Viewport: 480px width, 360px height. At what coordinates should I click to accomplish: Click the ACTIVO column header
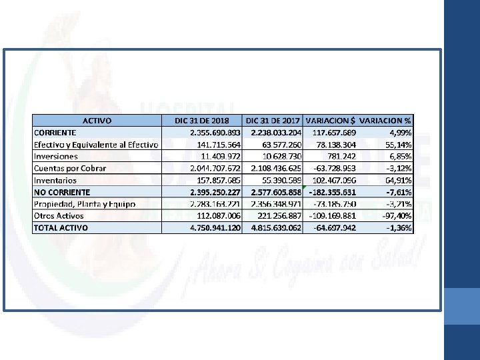click(97, 121)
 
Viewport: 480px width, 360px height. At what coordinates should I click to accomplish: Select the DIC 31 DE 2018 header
click(201, 121)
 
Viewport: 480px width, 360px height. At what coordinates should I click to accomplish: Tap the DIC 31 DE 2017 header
click(273, 121)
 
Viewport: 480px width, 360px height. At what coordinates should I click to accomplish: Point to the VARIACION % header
click(385, 121)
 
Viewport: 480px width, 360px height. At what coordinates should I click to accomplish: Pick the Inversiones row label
click(56, 156)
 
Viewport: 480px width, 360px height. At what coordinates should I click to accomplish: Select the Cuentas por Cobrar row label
click(70, 168)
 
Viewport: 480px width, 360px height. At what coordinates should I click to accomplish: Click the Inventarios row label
click(55, 180)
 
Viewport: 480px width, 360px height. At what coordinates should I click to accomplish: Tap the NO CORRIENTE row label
click(62, 192)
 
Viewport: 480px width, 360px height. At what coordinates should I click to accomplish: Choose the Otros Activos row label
click(59, 215)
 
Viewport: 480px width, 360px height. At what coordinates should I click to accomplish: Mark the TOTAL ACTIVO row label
click(61, 227)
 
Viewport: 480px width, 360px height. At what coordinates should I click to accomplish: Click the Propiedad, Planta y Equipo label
click(85, 203)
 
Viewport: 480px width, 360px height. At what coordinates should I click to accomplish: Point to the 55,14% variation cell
click(398, 145)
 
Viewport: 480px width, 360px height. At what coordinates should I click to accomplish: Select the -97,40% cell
click(396, 215)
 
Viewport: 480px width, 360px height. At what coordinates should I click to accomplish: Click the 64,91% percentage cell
click(398, 180)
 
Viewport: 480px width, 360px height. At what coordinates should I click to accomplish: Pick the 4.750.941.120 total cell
click(215, 227)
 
